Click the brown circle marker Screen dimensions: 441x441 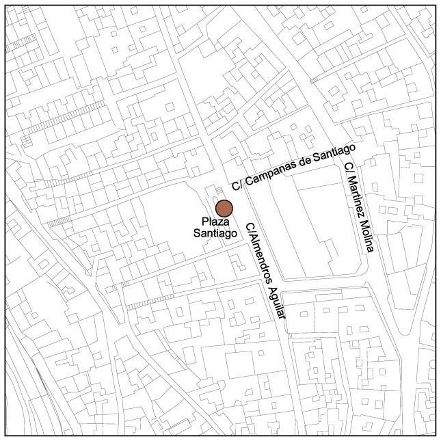[224, 209]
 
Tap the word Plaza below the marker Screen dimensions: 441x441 [215, 222]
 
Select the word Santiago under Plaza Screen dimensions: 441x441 [215, 232]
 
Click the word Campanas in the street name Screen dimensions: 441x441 [273, 173]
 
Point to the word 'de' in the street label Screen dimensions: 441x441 [305, 163]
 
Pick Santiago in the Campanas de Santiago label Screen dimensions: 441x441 [334, 154]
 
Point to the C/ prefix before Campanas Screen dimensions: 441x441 [237, 185]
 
